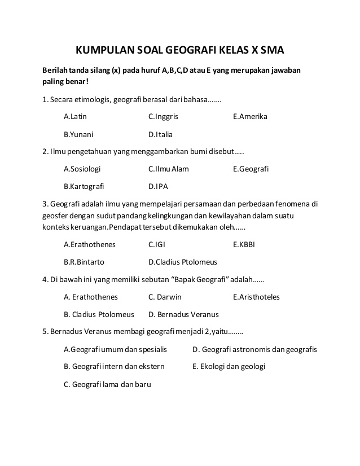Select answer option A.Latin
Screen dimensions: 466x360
click(76, 117)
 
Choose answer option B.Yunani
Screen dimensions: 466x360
click(78, 135)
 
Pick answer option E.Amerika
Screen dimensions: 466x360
click(250, 117)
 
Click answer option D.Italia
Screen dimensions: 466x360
click(160, 135)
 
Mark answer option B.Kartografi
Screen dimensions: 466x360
click(84, 186)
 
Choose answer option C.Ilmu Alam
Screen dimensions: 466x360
click(169, 169)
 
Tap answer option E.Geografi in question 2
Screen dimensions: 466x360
click(251, 169)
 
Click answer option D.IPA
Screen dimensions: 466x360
click(158, 186)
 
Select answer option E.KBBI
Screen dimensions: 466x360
click(245, 245)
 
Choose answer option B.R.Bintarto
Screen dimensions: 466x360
click(84, 262)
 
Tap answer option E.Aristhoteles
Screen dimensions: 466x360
click(256, 297)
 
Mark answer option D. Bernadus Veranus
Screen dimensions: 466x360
click(183, 314)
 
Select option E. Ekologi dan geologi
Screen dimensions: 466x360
click(229, 367)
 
